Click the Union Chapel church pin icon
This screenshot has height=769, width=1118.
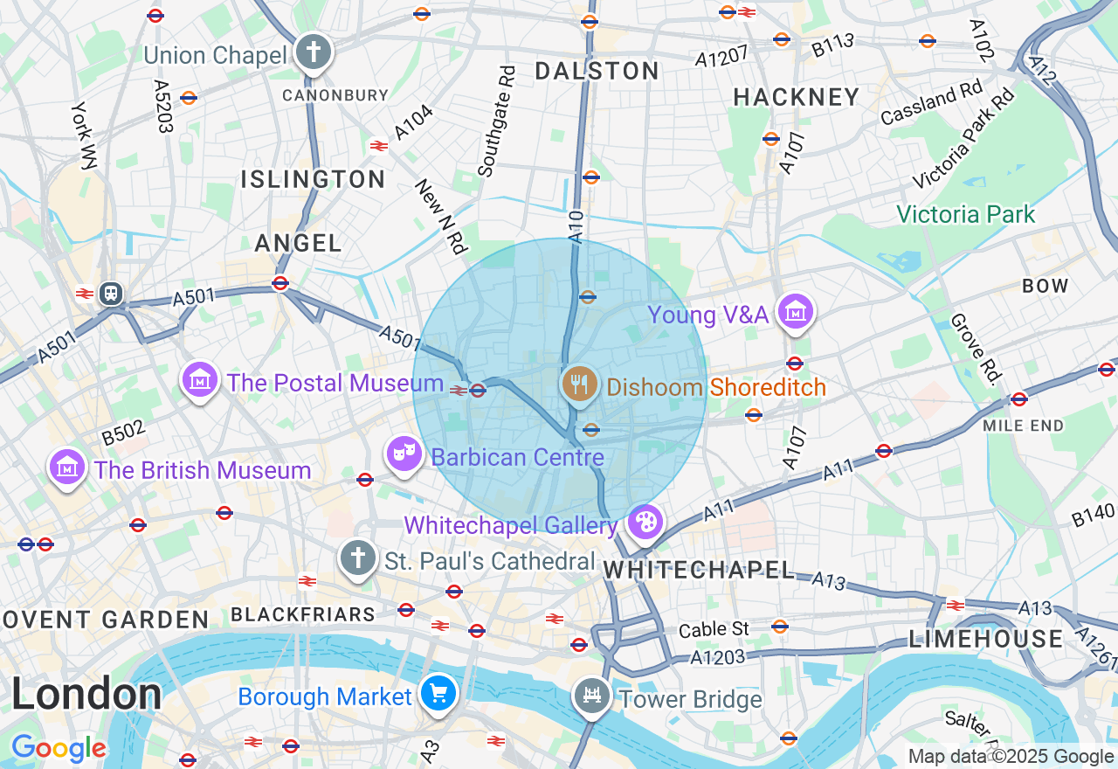(312, 52)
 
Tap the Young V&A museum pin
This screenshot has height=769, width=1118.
(795, 312)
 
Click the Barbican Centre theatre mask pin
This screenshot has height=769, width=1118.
(404, 454)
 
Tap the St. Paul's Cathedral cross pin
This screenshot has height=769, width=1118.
(356, 558)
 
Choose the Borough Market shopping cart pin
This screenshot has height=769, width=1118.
(438, 694)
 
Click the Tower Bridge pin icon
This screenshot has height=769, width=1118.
(593, 696)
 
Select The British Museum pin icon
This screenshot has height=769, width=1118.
(68, 468)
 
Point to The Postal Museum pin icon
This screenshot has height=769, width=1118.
(199, 380)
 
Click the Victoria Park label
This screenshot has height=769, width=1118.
(965, 214)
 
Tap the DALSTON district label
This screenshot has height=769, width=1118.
(597, 71)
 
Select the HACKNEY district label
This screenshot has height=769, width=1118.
(797, 97)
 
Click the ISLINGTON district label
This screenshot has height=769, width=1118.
(313, 179)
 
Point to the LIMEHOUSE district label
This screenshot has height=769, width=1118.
(986, 639)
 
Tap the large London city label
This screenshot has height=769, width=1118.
(86, 695)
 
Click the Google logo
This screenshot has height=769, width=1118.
(59, 748)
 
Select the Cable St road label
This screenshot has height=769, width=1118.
(714, 628)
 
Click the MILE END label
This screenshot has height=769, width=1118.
(1023, 426)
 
